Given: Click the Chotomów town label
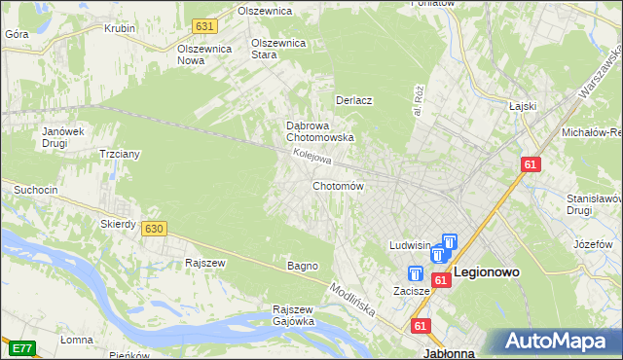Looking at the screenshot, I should click(x=338, y=186).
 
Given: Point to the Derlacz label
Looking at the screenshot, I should click(x=354, y=100).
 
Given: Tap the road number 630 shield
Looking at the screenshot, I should click(x=153, y=228).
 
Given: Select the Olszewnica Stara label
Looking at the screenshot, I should click(x=279, y=49).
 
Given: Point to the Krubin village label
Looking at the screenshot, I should click(x=120, y=28).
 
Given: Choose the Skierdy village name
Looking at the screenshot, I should click(x=118, y=224).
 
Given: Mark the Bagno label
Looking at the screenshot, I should click(x=303, y=266).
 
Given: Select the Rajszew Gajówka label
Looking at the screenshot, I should click(x=292, y=315).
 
